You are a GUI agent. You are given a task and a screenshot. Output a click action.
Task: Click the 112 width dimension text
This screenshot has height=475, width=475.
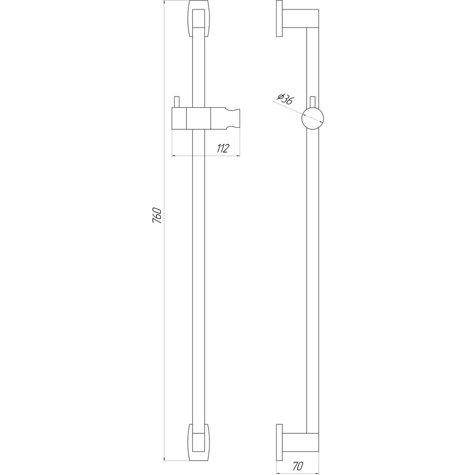tap(222, 149)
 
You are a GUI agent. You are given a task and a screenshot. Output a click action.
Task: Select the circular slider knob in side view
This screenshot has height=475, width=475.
tap(312, 117)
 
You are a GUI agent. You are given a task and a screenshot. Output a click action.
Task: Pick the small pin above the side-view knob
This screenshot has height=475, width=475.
tap(313, 101)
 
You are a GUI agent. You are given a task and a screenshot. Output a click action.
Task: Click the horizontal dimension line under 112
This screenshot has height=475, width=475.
tap(206, 156)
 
